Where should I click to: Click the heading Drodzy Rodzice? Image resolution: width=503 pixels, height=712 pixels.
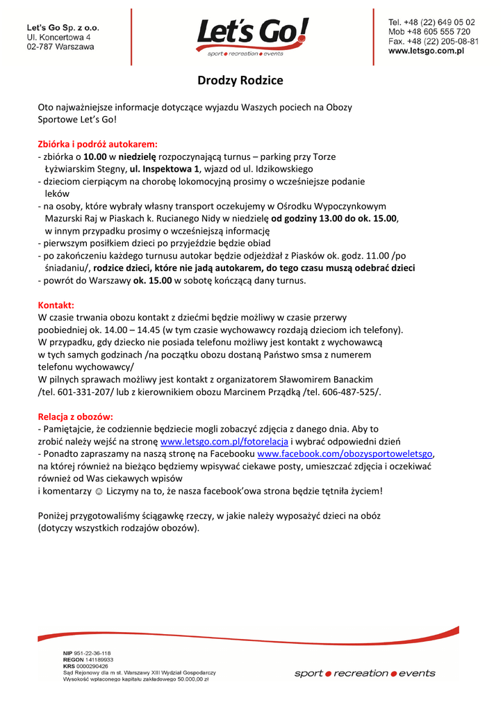pos(240,81)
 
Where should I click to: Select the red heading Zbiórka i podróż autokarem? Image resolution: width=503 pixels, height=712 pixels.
pos(97,144)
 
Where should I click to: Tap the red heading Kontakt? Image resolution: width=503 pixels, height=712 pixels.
pos(56,305)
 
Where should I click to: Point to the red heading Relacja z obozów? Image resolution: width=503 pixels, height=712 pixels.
pos(75,416)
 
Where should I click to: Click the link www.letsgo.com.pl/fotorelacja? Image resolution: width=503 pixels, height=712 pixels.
pos(224,442)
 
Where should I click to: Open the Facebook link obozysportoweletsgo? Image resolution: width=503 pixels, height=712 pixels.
pos(345,454)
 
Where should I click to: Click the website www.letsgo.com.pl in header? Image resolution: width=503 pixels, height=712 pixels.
pos(426,51)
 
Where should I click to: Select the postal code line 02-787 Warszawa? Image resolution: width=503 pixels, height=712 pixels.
pos(61,47)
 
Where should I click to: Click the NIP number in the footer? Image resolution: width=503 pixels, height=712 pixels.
pos(86,653)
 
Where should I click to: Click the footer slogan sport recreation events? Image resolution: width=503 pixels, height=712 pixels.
pos(365,673)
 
